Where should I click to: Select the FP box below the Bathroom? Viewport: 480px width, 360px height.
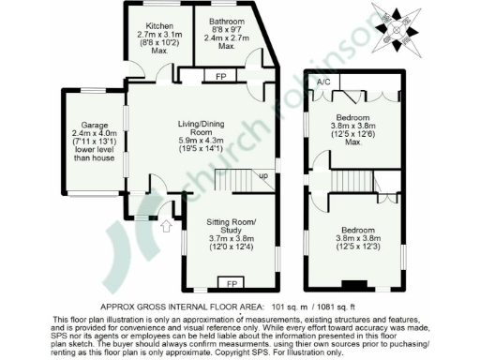(x=221, y=75)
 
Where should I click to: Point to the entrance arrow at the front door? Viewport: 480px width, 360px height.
(x=166, y=224)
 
